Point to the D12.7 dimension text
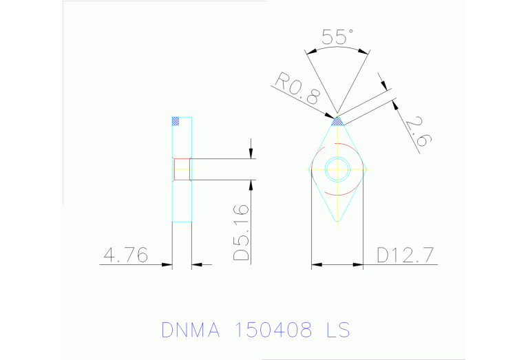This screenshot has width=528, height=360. point(405,255)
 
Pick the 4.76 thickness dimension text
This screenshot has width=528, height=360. point(125,255)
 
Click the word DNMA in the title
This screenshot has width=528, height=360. point(191,330)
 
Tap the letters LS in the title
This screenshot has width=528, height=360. point(337,330)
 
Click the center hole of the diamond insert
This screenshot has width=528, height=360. point(337,167)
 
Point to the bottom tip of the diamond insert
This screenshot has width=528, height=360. point(337,221)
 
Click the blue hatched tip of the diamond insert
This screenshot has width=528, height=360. point(337,122)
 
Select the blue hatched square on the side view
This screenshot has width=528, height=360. point(175,121)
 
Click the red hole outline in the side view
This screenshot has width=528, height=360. point(182,169)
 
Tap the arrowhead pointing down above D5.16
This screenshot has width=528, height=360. point(251,153)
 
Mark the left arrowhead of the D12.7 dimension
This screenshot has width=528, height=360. point(316,264)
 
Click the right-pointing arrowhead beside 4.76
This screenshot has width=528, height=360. point(167,264)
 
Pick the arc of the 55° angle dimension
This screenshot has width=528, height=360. point(337,49)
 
